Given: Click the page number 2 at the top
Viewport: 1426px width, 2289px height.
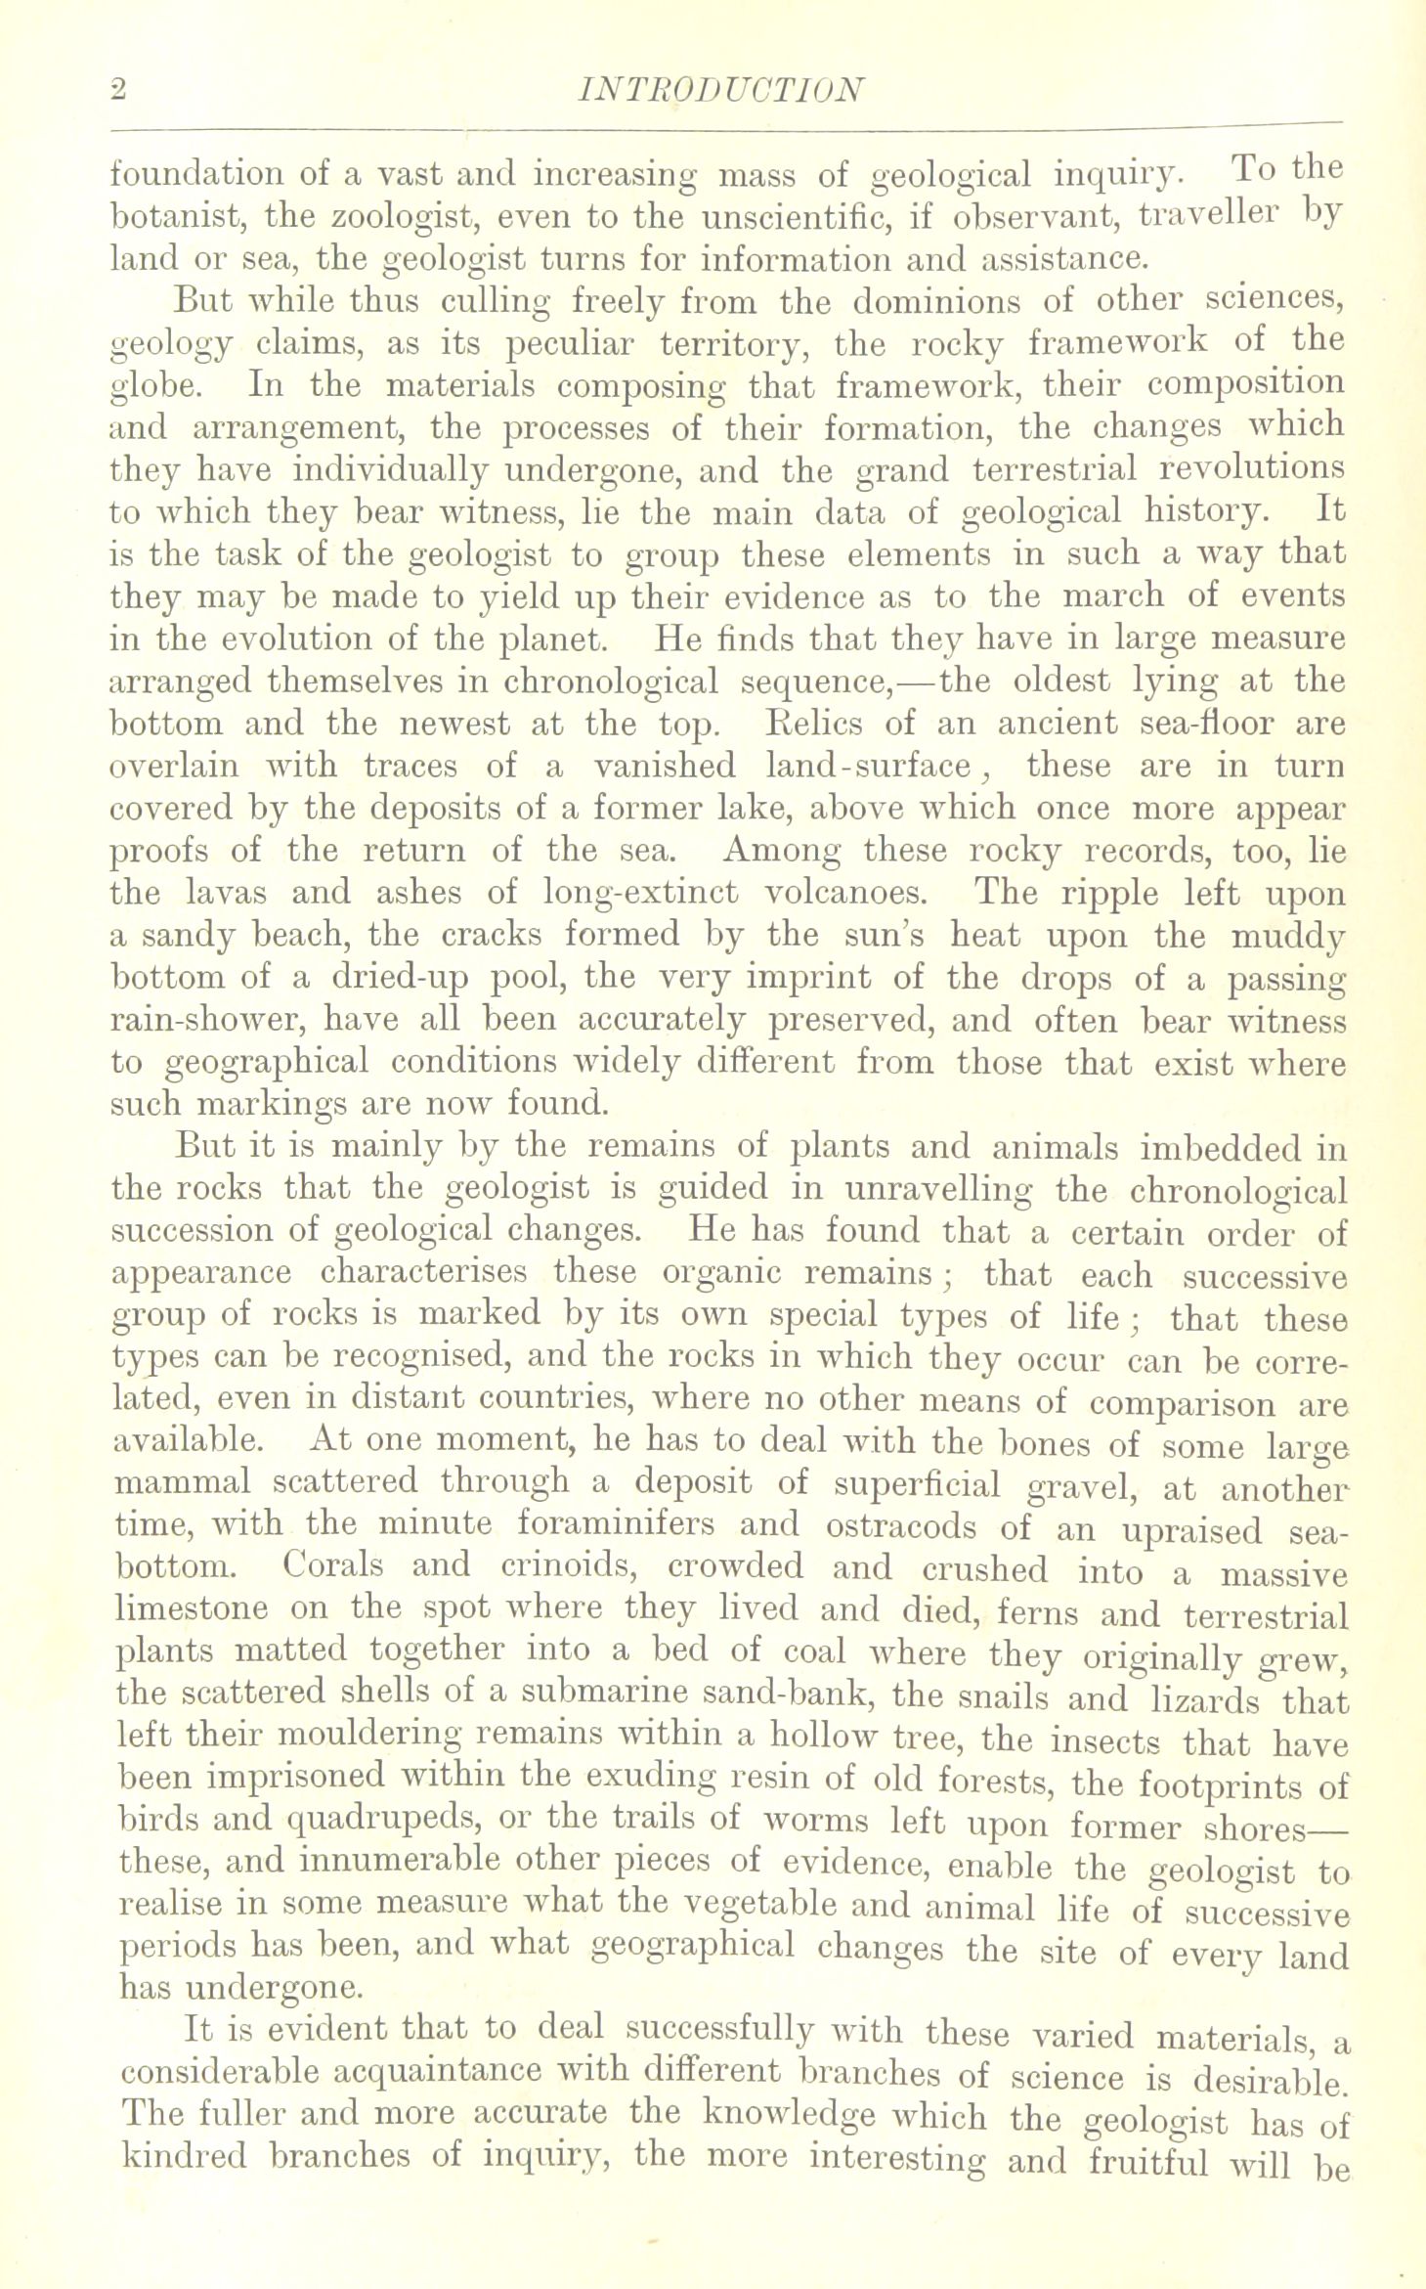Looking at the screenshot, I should [x=117, y=90].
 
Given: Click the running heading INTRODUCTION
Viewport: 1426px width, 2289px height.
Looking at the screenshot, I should [x=721, y=90].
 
